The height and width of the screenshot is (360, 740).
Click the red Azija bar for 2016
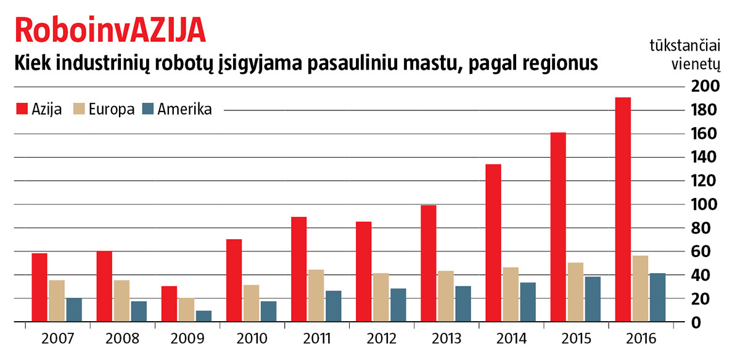click(623, 210)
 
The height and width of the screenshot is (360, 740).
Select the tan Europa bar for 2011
click(316, 296)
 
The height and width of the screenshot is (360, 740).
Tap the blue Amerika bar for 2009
click(203, 316)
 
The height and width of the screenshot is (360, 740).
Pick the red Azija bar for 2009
click(169, 304)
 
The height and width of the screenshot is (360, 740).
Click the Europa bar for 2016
click(640, 288)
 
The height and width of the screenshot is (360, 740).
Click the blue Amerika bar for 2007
click(74, 310)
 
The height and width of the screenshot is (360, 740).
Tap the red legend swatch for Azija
click(21, 110)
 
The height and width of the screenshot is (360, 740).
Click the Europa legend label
click(111, 110)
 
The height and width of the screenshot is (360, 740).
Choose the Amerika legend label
click(184, 110)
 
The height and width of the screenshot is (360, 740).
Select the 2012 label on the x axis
click(380, 338)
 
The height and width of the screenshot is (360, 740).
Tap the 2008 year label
click(121, 338)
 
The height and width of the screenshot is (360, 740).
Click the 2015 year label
click(575, 338)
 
